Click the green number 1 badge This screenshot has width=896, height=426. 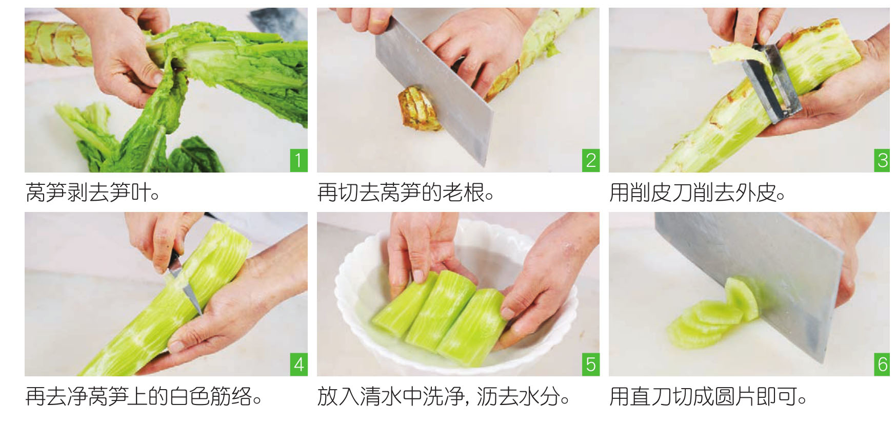(x=298, y=160)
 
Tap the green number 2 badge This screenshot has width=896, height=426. (x=590, y=160)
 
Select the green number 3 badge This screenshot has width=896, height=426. (x=882, y=160)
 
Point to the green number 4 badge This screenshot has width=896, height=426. (x=298, y=364)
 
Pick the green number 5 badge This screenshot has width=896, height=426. (x=590, y=364)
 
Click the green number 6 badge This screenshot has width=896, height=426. (x=882, y=364)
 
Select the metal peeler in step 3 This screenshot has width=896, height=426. (x=772, y=82)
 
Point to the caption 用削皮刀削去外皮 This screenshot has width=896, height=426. (x=698, y=193)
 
